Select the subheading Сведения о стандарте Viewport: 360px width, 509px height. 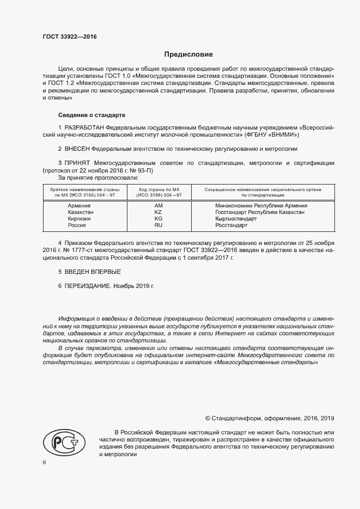pos(91,115)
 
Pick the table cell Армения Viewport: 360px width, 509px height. pos(79,206)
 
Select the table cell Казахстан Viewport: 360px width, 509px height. pos(81,212)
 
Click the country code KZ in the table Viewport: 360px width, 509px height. pos(158,212)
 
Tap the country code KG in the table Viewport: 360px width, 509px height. pos(158,218)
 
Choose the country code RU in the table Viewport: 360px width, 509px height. pos(158,225)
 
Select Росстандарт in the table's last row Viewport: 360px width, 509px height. pos(231,225)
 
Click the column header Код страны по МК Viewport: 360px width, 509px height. pos(158,188)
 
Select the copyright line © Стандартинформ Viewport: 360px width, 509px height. pos(269,418)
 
